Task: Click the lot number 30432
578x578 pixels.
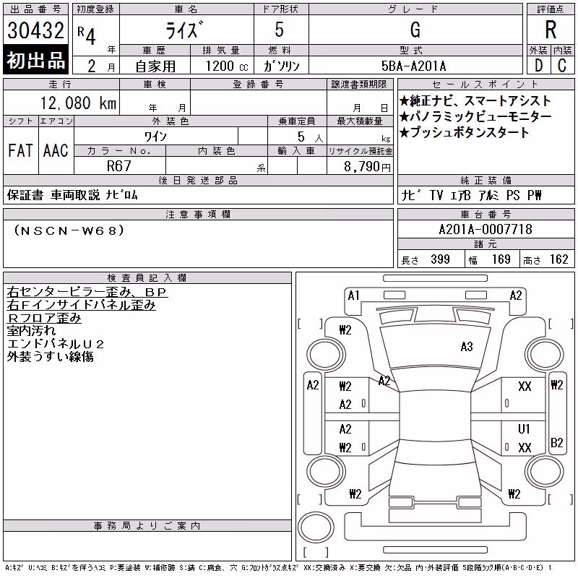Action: coord(35,30)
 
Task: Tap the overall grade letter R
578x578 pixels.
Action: coord(551,30)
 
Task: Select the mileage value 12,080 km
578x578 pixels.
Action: coord(78,103)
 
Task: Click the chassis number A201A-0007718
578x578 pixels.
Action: coord(486,229)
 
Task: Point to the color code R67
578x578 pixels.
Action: coord(119,166)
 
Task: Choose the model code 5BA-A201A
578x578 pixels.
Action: coord(413,66)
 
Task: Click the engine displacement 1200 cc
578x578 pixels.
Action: coord(227,66)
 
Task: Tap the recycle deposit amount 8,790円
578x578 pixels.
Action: coord(367,166)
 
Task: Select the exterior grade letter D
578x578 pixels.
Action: coord(539,66)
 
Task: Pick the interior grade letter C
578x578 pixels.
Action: coord(562,66)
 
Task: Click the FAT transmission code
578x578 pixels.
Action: coord(20,150)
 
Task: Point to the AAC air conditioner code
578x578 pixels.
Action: coord(56,150)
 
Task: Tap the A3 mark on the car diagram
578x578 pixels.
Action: coord(467,347)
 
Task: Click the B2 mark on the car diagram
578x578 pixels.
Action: coord(556,442)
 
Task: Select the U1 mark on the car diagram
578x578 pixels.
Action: coord(524,428)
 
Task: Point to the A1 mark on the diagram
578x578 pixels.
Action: coord(353,296)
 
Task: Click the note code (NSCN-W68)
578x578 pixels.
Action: coord(69,230)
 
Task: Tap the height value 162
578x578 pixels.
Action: coord(558,259)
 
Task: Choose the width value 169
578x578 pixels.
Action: coord(501,259)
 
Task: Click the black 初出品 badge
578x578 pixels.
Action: coord(35,60)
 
